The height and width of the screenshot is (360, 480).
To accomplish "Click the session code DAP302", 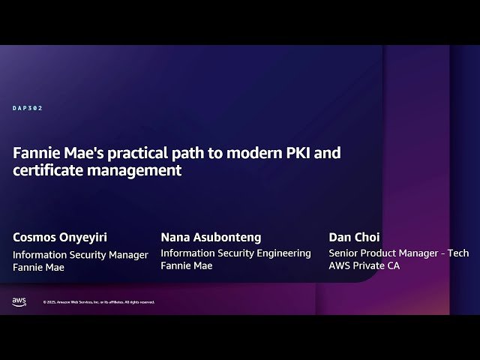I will (28, 108).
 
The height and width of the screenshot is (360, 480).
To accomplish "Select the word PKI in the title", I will (298, 153).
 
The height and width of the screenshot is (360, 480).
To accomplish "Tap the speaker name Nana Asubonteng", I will (211, 237).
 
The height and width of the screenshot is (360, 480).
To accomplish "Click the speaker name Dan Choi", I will (354, 237).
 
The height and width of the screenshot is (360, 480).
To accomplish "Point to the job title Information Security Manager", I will (80, 254).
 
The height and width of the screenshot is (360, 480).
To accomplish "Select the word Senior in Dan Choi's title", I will (345, 253).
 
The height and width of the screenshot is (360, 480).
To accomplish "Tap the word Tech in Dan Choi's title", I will (457, 253).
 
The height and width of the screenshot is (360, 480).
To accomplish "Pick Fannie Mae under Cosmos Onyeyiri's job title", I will (38, 267).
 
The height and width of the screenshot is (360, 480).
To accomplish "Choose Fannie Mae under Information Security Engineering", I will (186, 266).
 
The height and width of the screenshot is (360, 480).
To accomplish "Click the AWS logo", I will (19, 301).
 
